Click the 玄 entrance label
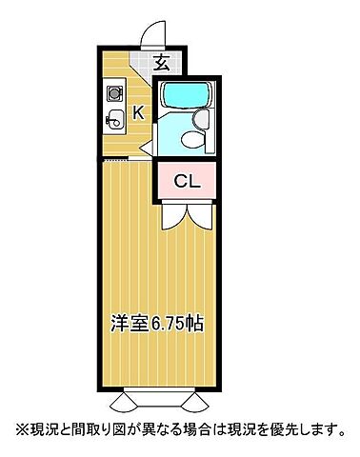click(162, 65)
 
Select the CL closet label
click(186, 182)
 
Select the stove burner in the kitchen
click(114, 95)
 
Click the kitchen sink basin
click(114, 121)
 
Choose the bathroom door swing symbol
click(148, 148)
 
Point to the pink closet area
click(187, 181)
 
